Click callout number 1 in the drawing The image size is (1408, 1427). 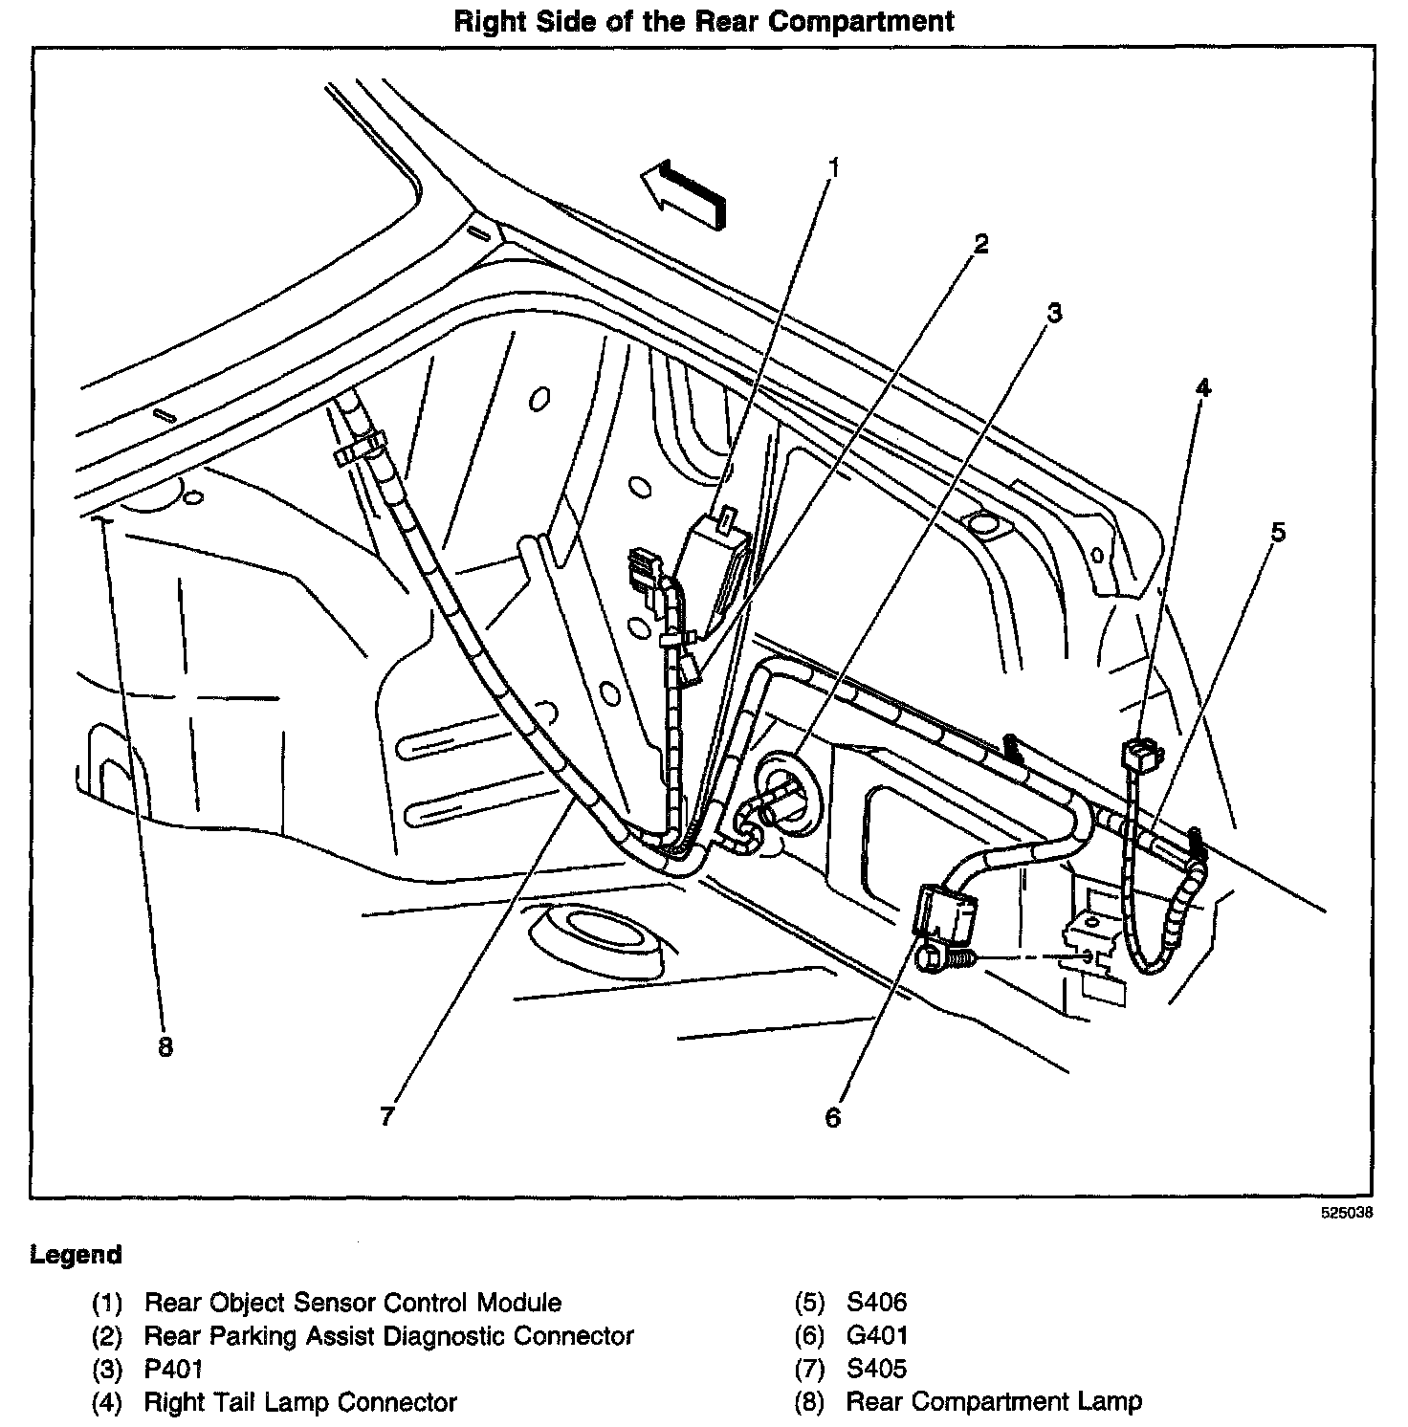[833, 169]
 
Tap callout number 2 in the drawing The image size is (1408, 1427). [980, 244]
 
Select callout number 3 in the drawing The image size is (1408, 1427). [1053, 313]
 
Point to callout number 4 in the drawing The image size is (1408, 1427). [1202, 387]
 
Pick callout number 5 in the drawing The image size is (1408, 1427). [1278, 532]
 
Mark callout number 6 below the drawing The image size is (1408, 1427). [833, 1117]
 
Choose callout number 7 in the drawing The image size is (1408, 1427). [386, 1116]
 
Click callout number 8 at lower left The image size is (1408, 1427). [165, 1047]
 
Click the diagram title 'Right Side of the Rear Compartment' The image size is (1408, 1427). [703, 21]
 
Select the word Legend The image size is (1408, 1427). [76, 1254]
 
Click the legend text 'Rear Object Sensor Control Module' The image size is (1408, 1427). [352, 1303]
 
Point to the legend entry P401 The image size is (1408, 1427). [173, 1370]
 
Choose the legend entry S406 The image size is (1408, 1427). [876, 1303]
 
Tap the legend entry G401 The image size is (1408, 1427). [877, 1336]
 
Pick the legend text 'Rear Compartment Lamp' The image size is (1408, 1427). [994, 1403]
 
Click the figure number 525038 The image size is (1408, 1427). [1346, 1213]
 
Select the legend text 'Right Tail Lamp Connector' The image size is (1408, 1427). [299, 1403]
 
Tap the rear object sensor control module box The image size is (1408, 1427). [713, 574]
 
